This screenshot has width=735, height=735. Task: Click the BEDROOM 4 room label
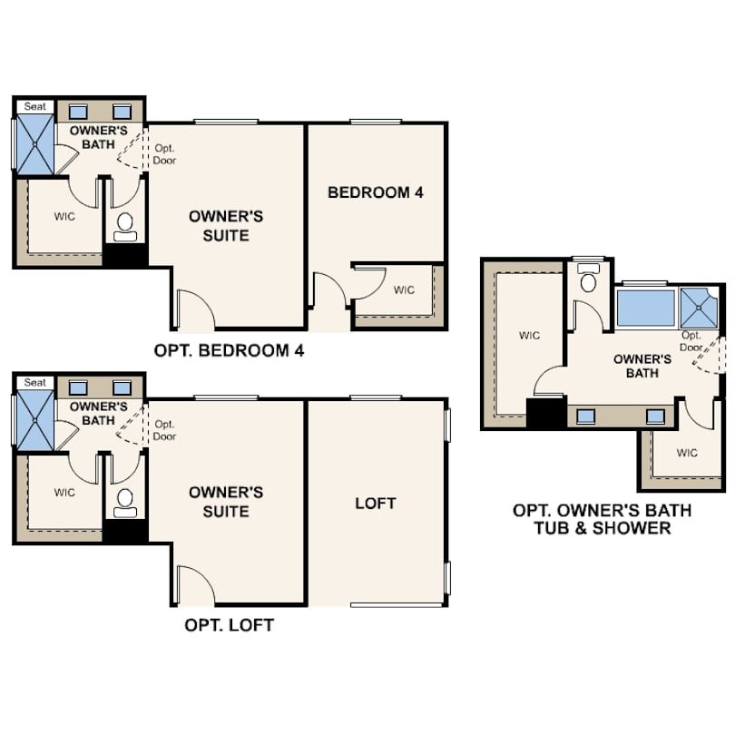(x=375, y=192)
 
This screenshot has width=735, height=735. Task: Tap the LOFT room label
(x=376, y=504)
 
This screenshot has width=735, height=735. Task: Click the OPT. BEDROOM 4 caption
(x=230, y=350)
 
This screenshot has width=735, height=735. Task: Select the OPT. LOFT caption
(x=230, y=625)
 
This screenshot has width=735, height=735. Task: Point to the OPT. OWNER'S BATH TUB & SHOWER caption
(x=603, y=519)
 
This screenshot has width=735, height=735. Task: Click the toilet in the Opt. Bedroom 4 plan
(x=125, y=228)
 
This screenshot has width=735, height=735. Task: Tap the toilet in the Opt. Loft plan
(x=125, y=504)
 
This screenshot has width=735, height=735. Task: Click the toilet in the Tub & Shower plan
(x=588, y=278)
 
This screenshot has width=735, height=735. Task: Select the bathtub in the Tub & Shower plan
(x=645, y=308)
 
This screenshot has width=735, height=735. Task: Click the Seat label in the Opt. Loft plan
(x=35, y=383)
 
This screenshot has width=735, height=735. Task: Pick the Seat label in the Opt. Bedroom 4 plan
(x=35, y=106)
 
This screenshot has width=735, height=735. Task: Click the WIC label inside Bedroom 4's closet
(x=404, y=290)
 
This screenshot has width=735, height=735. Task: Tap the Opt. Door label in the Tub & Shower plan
(x=691, y=341)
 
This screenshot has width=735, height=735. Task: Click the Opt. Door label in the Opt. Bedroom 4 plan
(x=164, y=154)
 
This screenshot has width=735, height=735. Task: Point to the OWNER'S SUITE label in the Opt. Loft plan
(x=226, y=502)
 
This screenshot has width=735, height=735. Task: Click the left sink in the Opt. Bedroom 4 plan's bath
(x=78, y=112)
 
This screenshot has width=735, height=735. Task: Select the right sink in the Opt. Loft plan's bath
(x=122, y=388)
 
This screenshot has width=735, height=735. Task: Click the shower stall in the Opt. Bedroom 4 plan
(x=35, y=144)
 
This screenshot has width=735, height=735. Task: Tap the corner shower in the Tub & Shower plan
(x=699, y=308)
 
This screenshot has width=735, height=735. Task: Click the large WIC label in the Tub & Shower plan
(x=529, y=336)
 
